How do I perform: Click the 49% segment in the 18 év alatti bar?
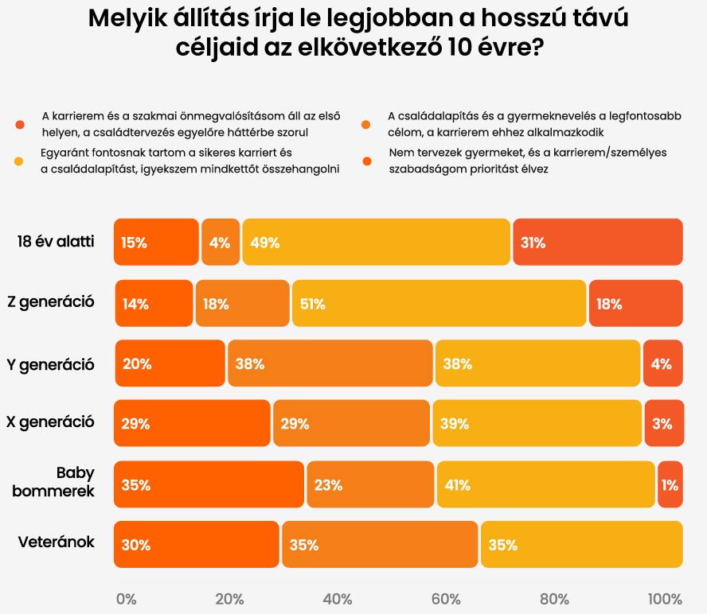point(377,242)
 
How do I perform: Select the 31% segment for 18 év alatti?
point(598,242)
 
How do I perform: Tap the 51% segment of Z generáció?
point(439,303)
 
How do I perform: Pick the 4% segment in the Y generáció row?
point(663,363)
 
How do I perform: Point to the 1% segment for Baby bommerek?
point(670,484)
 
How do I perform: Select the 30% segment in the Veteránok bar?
point(196,544)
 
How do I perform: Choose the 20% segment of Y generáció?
point(170,363)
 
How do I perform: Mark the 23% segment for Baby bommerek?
point(371,484)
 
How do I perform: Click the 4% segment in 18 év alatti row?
point(221,242)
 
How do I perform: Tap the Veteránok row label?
point(57,542)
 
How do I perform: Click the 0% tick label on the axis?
point(126,599)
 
